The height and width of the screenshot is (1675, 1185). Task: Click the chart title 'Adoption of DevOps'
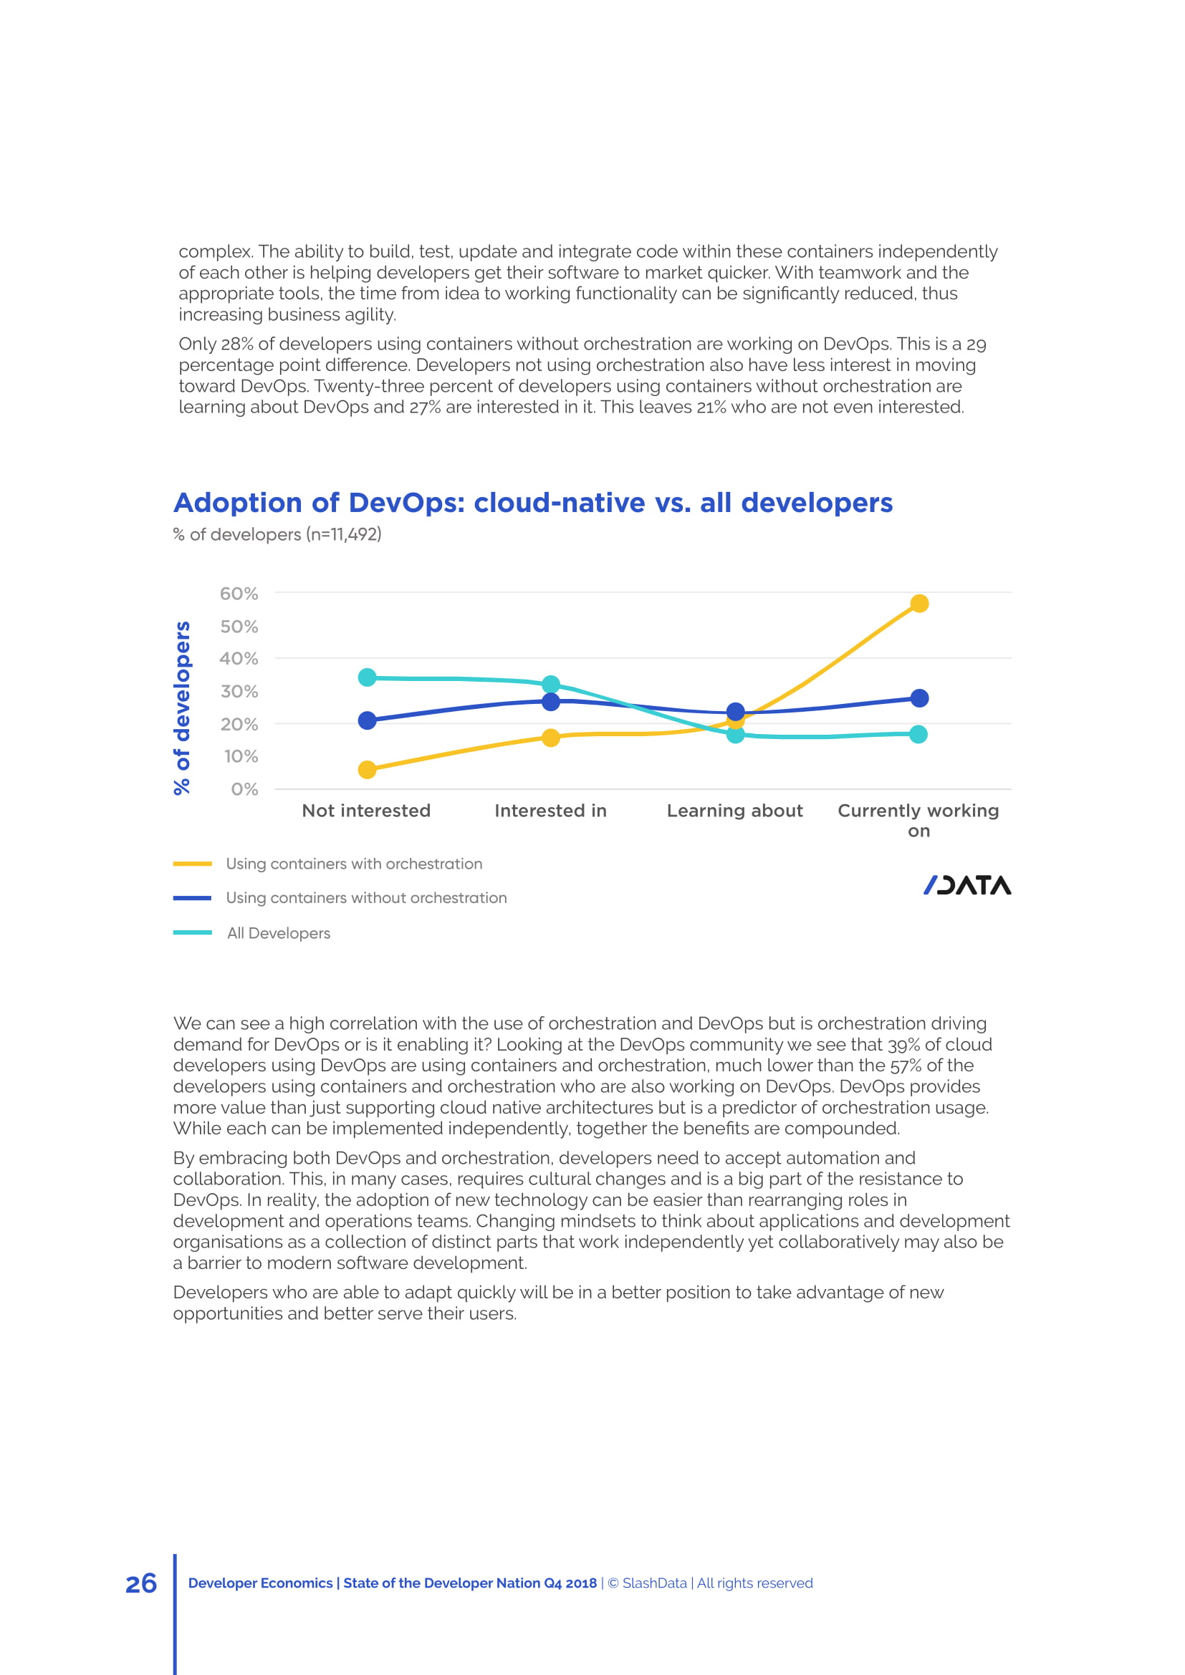(532, 503)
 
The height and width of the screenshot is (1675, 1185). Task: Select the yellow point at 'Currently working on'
(919, 603)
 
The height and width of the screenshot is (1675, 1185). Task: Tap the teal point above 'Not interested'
(368, 677)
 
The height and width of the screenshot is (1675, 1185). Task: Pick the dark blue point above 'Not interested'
(368, 721)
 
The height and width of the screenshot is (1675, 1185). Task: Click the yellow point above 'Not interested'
(368, 770)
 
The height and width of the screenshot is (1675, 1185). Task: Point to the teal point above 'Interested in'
(551, 685)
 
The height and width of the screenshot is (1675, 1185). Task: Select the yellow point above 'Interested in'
(551, 738)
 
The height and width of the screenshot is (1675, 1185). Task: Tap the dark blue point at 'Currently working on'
(919, 698)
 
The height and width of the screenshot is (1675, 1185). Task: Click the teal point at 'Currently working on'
(919, 734)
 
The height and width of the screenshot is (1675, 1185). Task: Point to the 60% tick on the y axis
(239, 594)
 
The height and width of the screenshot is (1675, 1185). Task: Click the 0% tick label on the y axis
(244, 789)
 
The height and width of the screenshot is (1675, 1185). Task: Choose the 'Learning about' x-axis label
(735, 811)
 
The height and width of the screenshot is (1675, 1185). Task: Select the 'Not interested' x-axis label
(366, 811)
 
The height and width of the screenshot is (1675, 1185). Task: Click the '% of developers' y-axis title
(182, 708)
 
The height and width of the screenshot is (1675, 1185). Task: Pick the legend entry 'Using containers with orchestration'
(354, 864)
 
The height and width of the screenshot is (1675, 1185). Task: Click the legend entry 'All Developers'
(278, 933)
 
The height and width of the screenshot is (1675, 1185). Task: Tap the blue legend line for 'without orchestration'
(193, 898)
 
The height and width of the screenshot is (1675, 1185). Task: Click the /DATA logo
(966, 885)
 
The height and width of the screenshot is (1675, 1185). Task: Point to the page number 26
(142, 1584)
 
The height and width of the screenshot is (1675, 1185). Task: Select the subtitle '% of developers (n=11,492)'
(277, 535)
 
